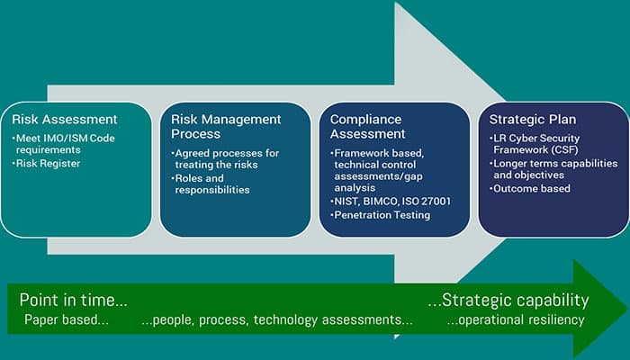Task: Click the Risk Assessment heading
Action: coord(65,120)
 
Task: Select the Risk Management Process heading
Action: coord(226,126)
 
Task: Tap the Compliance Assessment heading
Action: coord(367,126)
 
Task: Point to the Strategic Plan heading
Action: coord(533,120)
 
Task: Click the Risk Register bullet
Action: coord(47,164)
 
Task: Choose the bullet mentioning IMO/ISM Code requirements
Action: coord(64,144)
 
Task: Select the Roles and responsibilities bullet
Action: coord(211,184)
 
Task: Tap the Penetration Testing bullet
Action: coord(381,215)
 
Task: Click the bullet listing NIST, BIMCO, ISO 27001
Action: coord(391,202)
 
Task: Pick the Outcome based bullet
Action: coord(530,188)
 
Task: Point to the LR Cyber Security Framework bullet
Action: coord(535,144)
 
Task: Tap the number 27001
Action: coord(436,202)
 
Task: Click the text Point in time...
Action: coord(74,300)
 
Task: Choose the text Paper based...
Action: coord(67,319)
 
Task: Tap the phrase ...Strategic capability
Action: coord(508,300)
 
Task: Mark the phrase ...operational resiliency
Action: coord(516,319)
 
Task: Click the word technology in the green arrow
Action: coord(285,320)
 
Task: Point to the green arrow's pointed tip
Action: coord(627,309)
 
